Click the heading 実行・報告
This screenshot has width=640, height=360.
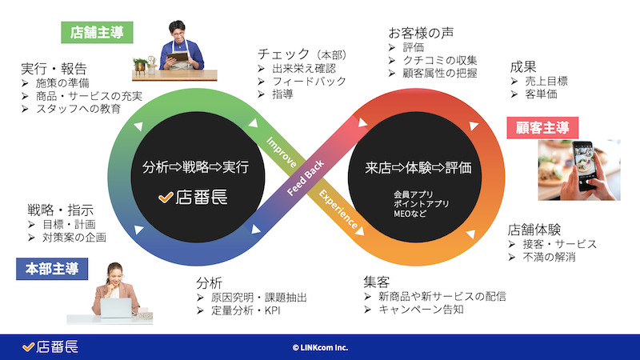coord(54,68)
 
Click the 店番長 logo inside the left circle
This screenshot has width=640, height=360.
coord(193,196)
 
